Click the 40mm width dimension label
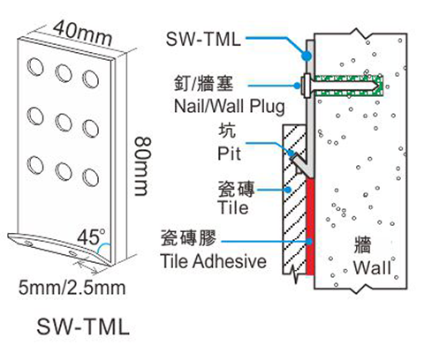point(83,34)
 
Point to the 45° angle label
point(91,236)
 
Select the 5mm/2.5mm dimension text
point(72,288)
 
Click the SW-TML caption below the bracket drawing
point(83,326)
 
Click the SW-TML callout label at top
point(203,39)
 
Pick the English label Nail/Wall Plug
point(230,106)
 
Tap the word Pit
point(229,153)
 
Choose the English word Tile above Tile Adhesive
point(233,207)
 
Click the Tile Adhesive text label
point(214,261)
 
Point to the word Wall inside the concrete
point(373,267)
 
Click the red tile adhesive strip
point(310,226)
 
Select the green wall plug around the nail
point(349,86)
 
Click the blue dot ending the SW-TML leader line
point(307,56)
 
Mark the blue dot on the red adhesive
point(309,242)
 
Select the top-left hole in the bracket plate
point(35,67)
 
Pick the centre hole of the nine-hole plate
point(64,123)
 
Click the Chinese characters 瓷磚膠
point(188,237)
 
